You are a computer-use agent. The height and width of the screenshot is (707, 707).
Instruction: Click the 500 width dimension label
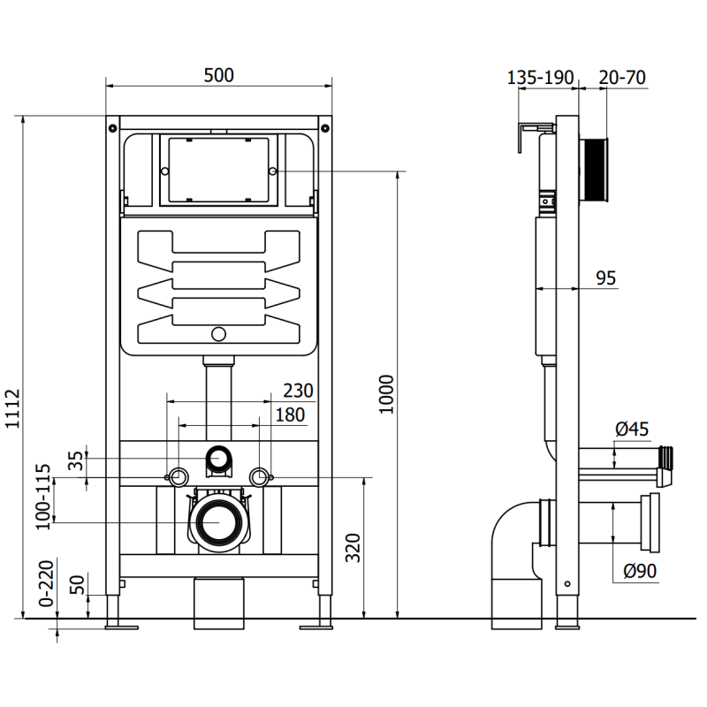pyautogui.click(x=218, y=75)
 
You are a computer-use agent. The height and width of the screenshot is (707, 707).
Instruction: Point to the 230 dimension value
pyautogui.click(x=298, y=390)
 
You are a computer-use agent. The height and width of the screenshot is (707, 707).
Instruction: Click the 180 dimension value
pyautogui.click(x=289, y=414)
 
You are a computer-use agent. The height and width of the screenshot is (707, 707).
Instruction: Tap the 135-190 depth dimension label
pyautogui.click(x=540, y=77)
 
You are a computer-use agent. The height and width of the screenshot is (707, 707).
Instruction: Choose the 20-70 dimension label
pyautogui.click(x=622, y=77)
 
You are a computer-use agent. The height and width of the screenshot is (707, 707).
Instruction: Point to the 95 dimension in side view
pyautogui.click(x=605, y=278)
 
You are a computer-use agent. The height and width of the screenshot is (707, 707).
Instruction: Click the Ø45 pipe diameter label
pyautogui.click(x=631, y=430)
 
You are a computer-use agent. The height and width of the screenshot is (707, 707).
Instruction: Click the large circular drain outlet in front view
pyautogui.click(x=217, y=522)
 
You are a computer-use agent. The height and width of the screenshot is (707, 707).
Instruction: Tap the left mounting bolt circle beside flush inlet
pyautogui.click(x=177, y=477)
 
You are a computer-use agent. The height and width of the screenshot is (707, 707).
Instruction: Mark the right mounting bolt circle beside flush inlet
pyautogui.click(x=259, y=477)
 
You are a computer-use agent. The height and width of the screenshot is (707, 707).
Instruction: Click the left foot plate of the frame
pyautogui.click(x=120, y=627)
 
